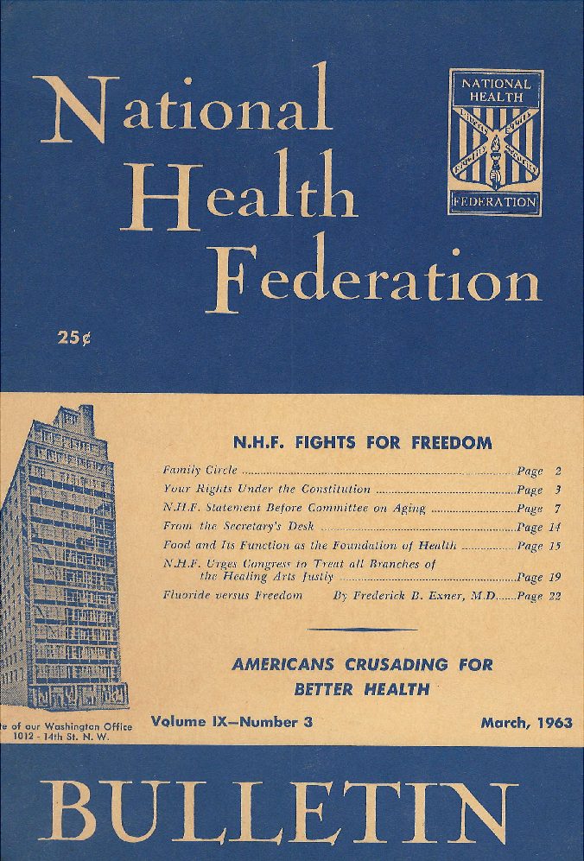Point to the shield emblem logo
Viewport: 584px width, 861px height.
coord(496,143)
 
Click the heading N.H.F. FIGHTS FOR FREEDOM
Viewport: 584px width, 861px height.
coord(362,443)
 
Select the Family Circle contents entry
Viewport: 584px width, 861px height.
coord(200,472)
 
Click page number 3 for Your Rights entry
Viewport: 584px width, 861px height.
coord(558,490)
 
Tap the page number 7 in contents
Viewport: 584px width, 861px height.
coord(558,509)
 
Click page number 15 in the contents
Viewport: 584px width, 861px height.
coord(554,546)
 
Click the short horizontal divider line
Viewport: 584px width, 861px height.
coord(362,630)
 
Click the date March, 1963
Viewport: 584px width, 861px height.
coord(526,723)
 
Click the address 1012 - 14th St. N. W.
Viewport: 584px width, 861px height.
coord(69,738)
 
